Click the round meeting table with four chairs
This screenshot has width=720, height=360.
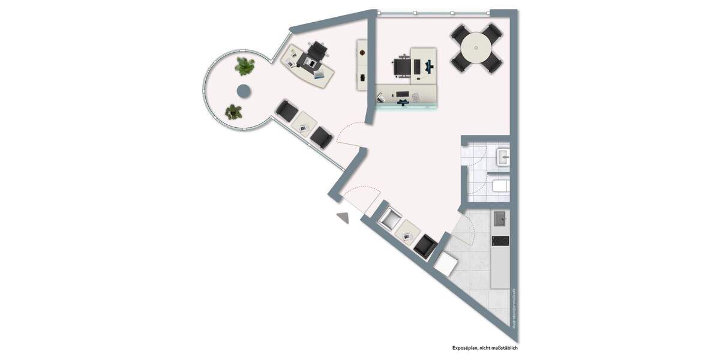coord(476,47)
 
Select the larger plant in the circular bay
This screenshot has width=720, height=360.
coord(244,65)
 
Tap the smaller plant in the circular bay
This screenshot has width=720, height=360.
coord(233,111)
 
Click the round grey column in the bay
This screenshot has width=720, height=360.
coord(244,91)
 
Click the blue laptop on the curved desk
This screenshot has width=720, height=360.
coord(322,74)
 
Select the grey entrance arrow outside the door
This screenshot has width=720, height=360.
coord(343,217)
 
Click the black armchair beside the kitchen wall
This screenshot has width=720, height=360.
coord(425,246)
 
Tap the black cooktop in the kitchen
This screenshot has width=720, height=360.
coord(500,241)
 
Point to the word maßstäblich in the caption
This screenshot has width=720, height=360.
coord(505,348)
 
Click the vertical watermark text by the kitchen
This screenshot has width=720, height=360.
coord(514,308)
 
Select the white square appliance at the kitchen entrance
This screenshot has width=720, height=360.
coord(445,262)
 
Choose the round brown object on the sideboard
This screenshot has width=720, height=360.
coord(362,53)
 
